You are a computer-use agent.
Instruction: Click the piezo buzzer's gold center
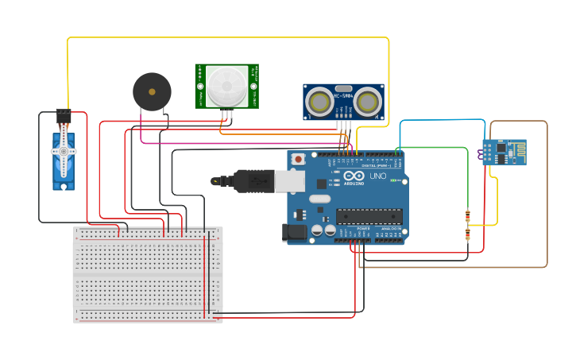point(152,91)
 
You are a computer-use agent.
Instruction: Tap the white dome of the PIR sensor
point(227,85)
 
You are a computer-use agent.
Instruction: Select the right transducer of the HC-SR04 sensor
point(368,102)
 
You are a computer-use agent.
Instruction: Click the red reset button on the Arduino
point(298,159)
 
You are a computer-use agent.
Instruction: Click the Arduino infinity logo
point(354,176)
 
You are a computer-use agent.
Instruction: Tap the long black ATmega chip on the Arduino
point(369,215)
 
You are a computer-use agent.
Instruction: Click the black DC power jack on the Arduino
point(294,232)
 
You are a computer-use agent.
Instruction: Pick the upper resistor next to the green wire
point(467,215)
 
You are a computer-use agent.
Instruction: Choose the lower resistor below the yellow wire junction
point(467,233)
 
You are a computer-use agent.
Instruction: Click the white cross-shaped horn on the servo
point(64,151)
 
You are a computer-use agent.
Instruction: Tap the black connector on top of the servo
point(63,115)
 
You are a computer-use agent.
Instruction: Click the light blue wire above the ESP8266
point(441,120)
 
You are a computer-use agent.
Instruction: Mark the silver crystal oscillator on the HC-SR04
point(343,89)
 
